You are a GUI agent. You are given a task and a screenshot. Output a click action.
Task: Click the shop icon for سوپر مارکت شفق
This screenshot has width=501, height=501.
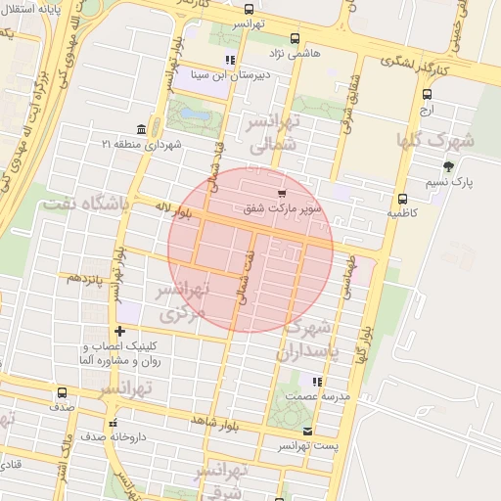(x=283, y=193)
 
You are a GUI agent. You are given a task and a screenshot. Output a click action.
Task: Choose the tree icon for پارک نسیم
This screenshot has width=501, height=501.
(x=449, y=167)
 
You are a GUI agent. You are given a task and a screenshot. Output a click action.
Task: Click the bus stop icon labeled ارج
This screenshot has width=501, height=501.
(x=426, y=95)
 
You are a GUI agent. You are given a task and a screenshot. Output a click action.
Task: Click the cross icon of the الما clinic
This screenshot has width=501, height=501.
(x=119, y=331)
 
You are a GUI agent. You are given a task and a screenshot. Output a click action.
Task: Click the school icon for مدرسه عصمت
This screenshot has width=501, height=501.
(x=316, y=382)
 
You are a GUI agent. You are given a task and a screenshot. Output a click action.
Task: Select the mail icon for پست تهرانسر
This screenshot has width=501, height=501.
(x=309, y=431)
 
